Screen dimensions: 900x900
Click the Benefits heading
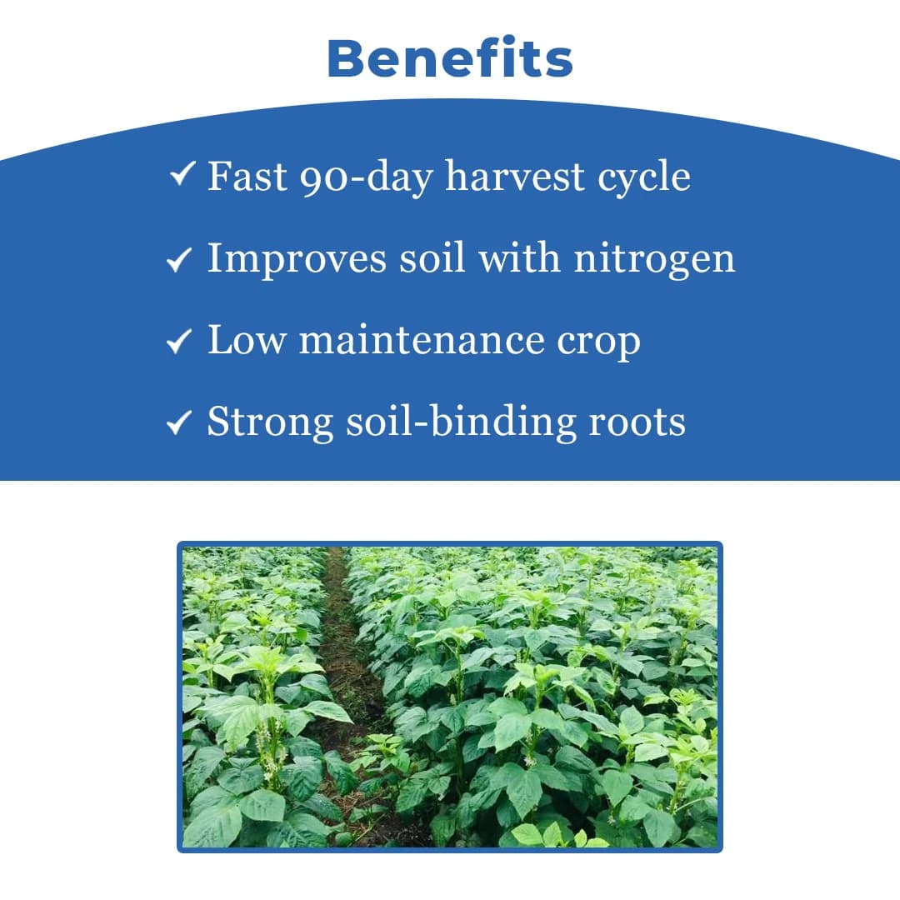coord(450,58)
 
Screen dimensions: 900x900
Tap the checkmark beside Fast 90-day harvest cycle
coord(182,176)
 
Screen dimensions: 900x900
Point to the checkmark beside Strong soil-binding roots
coord(179,422)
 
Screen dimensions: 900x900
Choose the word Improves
coord(296,259)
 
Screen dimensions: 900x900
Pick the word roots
coord(637,422)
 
